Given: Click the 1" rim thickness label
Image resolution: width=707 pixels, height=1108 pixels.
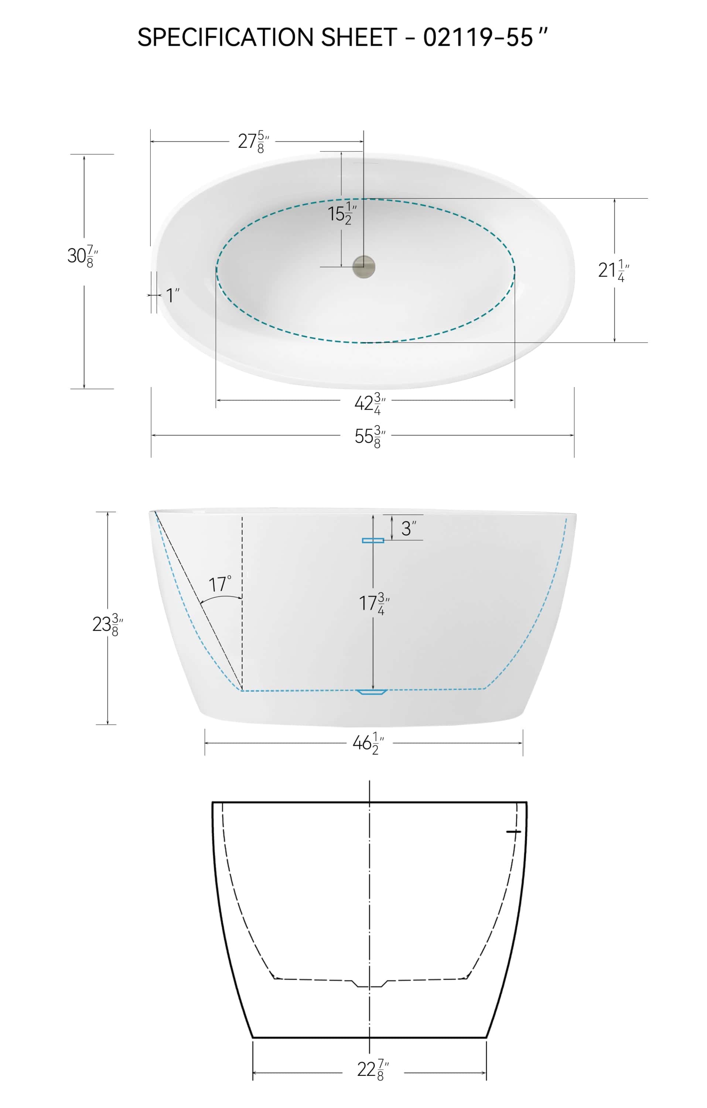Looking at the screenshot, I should tap(172, 295).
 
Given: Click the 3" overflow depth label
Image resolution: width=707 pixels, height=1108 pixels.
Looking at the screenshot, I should tap(408, 528).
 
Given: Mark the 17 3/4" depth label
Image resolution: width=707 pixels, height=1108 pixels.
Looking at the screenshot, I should tap(373, 603).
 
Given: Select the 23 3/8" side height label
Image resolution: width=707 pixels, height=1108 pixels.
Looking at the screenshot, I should tap(107, 625).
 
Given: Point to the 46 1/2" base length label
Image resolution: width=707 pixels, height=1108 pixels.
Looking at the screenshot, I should tap(367, 743).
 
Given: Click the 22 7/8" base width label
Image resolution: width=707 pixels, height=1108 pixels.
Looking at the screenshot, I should tap(372, 1069).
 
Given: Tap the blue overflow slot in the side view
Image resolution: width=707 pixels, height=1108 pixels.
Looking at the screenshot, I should tap(373, 540).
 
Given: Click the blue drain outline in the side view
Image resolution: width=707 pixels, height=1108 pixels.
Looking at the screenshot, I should tap(371, 692).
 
